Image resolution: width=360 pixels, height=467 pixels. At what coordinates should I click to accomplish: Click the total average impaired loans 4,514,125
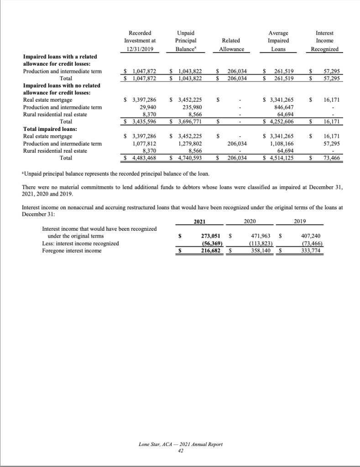tap(281, 158)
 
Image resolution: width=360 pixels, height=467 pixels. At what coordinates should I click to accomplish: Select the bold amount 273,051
tap(211, 236)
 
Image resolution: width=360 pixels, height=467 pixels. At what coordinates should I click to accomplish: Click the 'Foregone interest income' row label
tap(72, 250)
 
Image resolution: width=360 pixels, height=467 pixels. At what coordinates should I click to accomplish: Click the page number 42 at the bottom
tap(180, 449)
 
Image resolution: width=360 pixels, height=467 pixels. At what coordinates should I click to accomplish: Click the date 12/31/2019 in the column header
tap(140, 49)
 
